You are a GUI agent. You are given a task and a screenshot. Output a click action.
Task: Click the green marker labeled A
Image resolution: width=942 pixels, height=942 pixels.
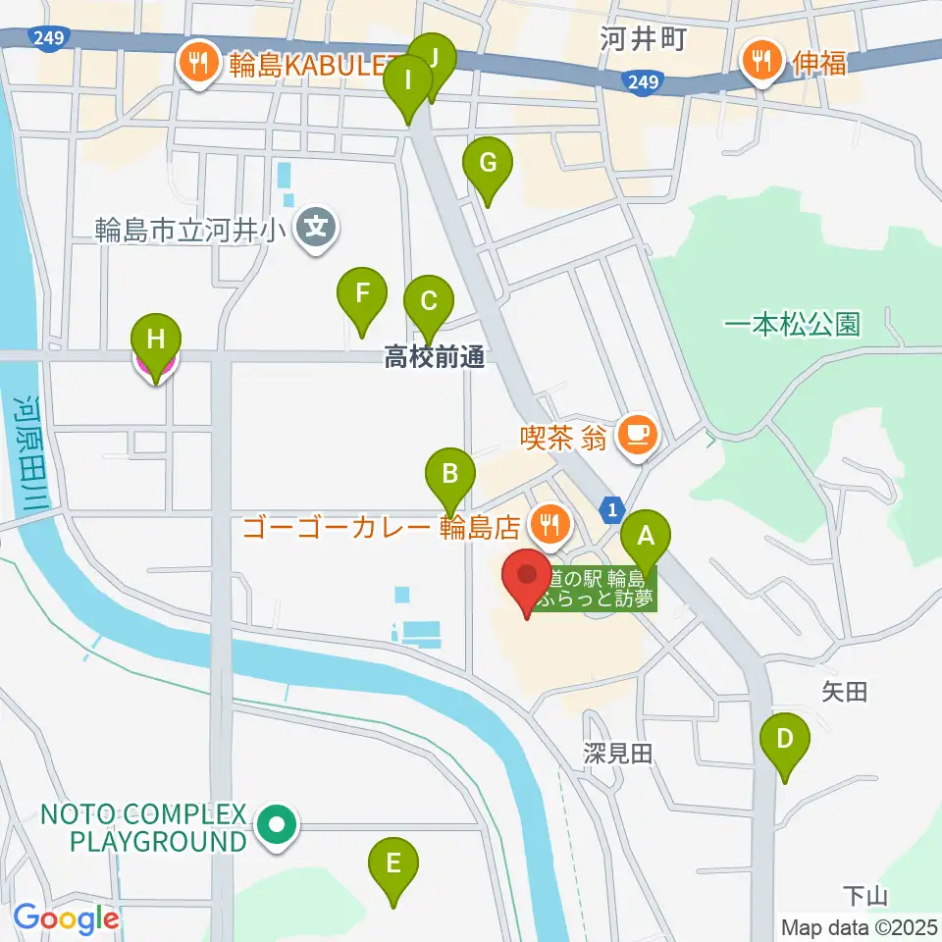tap(646, 537)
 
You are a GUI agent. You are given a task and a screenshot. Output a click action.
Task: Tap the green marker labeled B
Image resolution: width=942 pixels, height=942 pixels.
tap(449, 474)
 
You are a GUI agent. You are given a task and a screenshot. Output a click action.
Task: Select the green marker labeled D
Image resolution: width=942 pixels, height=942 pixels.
tap(785, 738)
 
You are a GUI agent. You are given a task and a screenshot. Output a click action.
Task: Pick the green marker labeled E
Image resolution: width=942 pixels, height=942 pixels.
tap(393, 863)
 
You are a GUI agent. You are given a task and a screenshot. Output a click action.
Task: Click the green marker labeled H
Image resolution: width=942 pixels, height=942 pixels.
tap(156, 340)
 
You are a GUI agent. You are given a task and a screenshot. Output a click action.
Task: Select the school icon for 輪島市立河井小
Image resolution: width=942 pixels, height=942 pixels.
tap(316, 228)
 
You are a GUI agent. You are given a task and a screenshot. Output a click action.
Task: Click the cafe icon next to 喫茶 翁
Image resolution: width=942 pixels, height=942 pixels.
tap(638, 431)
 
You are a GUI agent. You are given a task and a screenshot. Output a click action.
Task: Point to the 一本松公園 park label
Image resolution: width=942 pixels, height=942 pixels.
tap(792, 324)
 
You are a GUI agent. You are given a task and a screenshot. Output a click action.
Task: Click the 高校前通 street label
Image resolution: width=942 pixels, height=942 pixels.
tap(434, 358)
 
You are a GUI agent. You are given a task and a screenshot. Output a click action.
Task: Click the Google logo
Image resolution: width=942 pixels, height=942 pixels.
tap(66, 919)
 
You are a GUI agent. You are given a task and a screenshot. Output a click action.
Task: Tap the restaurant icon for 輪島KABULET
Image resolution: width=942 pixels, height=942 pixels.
tap(199, 64)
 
